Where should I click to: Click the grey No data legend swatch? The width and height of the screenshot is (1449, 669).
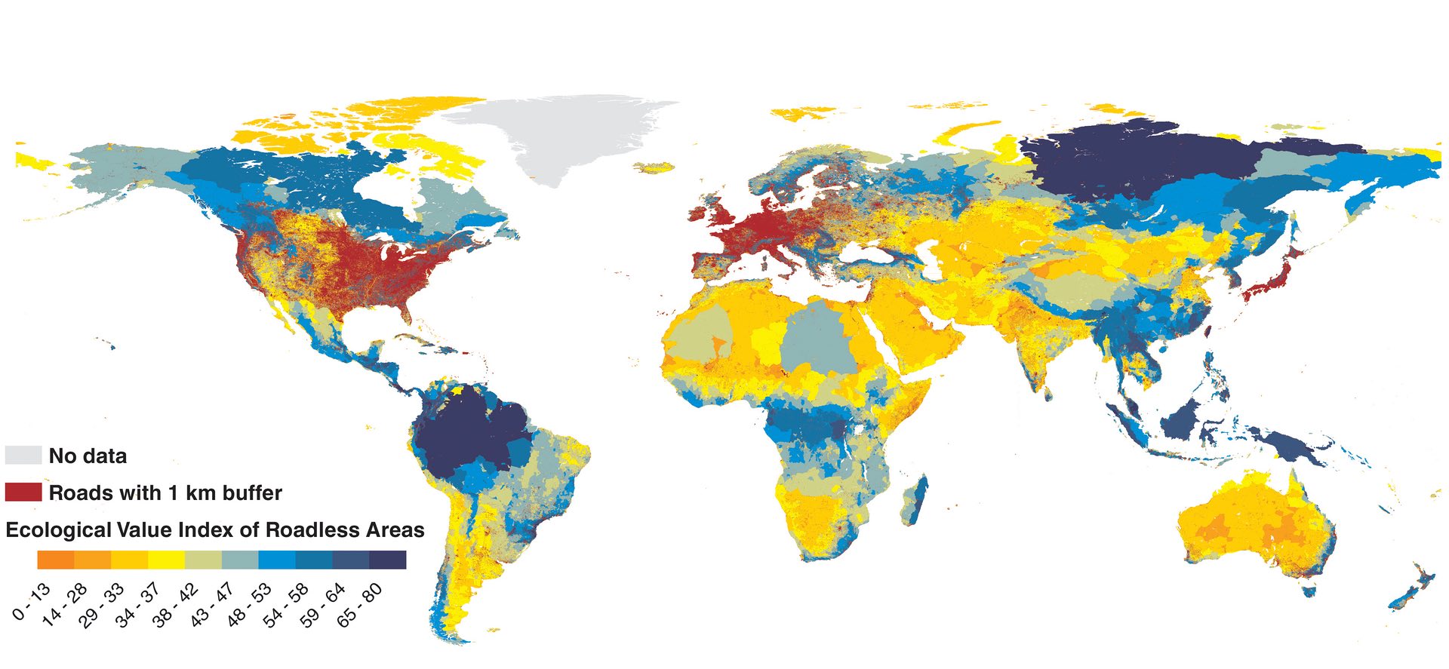click(23, 455)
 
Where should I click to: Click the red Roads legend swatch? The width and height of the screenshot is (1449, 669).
click(23, 492)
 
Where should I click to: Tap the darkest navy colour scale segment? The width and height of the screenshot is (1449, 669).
click(388, 560)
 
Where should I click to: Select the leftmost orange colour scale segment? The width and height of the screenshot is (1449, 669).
click(55, 560)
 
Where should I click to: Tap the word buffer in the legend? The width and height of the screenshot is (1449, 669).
click(252, 493)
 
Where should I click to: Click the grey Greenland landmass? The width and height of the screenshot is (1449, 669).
click(558, 136)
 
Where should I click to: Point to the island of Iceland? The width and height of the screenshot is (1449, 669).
click(654, 166)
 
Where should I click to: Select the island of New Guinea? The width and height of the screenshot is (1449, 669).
click(1283, 445)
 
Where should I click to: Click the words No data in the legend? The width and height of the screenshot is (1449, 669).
click(88, 456)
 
